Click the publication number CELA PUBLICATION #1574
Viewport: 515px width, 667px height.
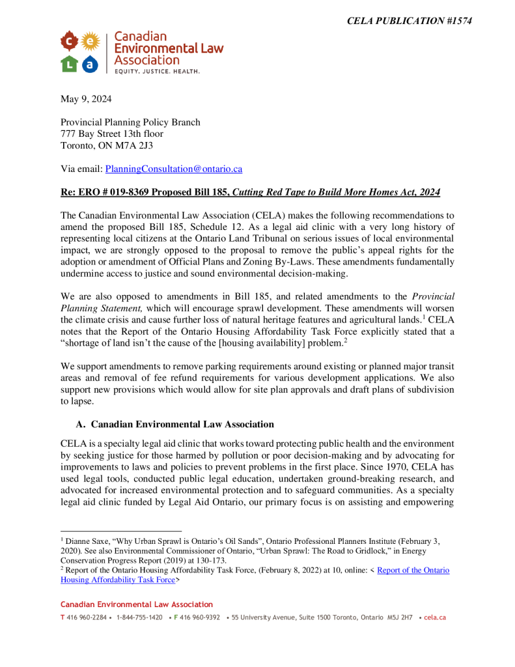(409, 21)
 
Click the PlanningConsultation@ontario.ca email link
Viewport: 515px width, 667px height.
(174, 169)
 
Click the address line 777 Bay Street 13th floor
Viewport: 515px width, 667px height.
(112, 134)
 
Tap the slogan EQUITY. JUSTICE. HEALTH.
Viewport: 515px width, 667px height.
(157, 70)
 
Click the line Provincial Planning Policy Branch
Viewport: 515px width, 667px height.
(130, 122)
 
